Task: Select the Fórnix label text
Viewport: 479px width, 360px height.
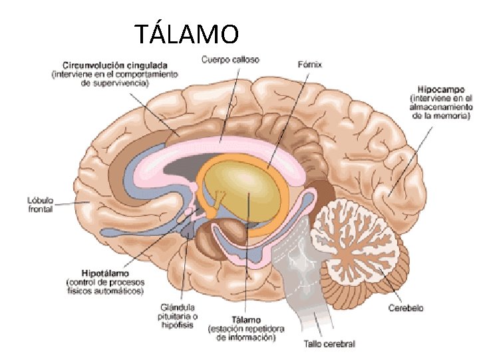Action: click(309, 64)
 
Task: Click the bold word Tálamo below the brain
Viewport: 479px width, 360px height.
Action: click(245, 319)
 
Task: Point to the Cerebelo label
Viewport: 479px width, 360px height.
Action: click(406, 308)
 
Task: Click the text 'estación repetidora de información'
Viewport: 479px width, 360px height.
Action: click(245, 333)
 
